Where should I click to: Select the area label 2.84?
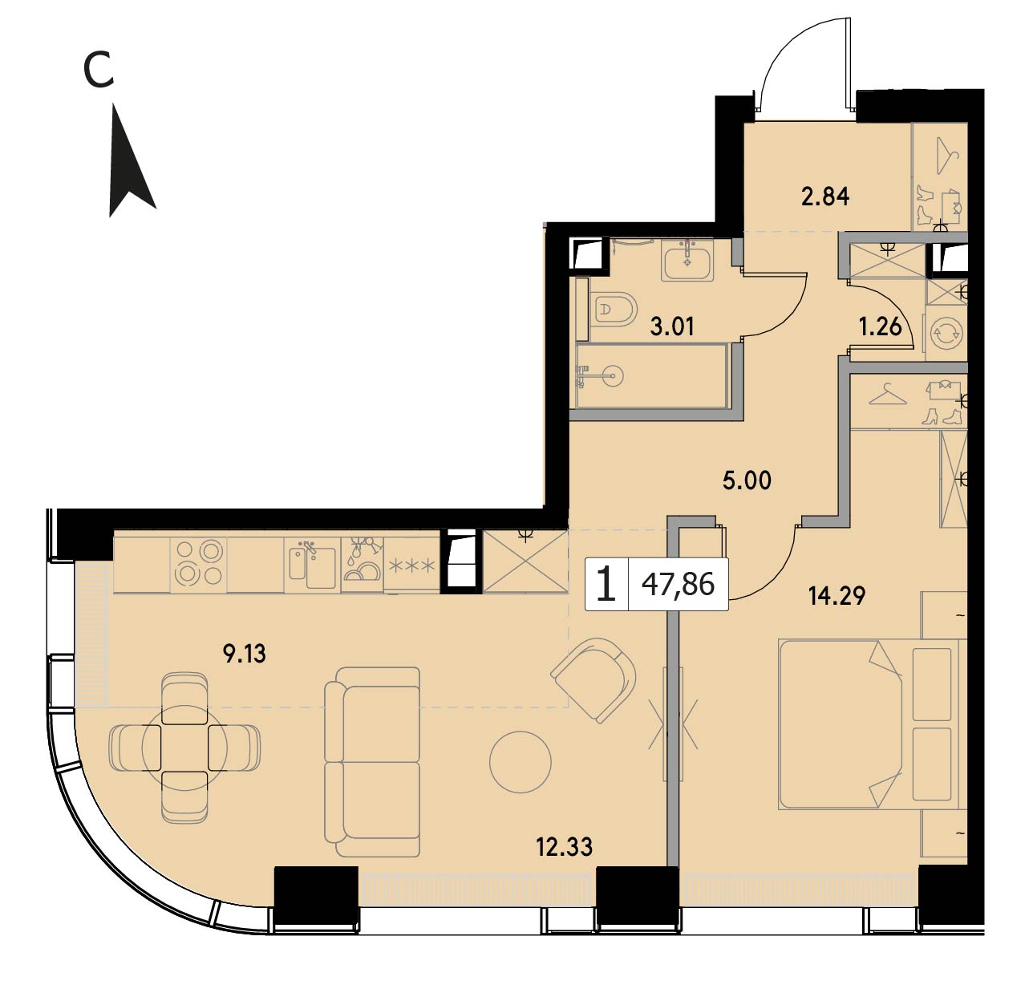(825, 197)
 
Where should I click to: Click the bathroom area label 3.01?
(671, 326)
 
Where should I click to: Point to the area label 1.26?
(880, 326)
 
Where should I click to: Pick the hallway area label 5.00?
(747, 480)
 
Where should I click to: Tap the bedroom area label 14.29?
(837, 596)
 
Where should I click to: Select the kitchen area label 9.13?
(245, 654)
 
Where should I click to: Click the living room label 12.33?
(564, 847)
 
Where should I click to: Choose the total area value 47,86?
(678, 585)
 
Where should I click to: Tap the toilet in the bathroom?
(614, 309)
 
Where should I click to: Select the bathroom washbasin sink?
(687, 260)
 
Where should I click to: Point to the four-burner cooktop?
(199, 563)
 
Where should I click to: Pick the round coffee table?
(521, 762)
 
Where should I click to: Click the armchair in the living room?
(593, 680)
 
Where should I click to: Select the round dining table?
(184, 747)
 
